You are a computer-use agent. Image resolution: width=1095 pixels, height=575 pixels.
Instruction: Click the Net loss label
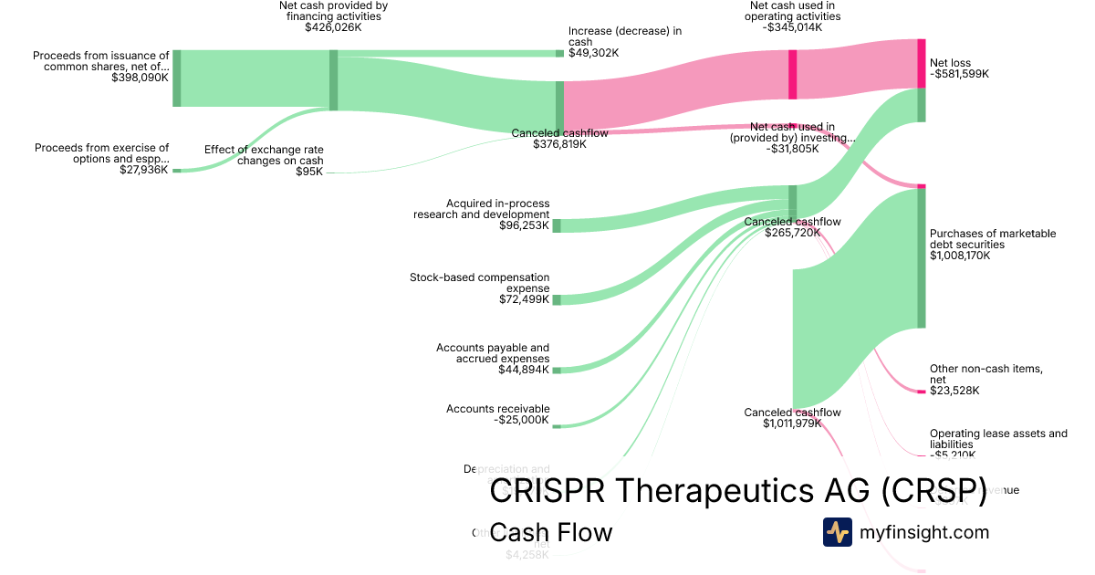coord(950,63)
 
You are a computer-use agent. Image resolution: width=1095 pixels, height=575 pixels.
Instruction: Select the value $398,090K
coord(140,78)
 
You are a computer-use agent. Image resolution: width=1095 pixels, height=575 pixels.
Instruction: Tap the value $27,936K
coord(143,170)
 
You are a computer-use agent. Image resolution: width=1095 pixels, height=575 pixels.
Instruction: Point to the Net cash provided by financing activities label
coord(333,11)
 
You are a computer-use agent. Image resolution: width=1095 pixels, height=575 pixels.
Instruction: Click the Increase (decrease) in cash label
coord(624,37)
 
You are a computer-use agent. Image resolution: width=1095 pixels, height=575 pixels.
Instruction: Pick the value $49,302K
coord(593,53)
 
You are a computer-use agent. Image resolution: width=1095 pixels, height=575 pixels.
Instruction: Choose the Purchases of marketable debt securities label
coord(993,239)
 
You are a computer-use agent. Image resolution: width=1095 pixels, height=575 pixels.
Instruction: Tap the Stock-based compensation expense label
coord(480,282)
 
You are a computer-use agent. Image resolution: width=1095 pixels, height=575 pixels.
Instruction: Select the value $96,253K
coord(524,225)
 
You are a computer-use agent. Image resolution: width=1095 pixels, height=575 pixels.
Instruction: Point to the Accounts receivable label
coord(497,409)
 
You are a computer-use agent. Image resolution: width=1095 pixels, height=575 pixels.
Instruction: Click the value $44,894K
coord(524,370)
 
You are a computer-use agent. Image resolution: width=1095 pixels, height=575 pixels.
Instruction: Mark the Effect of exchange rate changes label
coord(264,155)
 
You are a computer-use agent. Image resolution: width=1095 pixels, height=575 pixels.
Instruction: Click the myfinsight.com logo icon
coord(837,532)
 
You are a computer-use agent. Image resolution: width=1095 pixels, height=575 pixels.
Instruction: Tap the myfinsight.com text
coord(924,532)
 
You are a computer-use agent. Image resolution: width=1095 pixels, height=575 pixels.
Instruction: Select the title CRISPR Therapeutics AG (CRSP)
coord(738,491)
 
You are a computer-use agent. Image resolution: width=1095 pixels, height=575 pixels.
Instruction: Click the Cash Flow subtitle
coord(550,532)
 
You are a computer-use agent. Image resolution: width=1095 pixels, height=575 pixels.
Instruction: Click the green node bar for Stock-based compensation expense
coord(557,299)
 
